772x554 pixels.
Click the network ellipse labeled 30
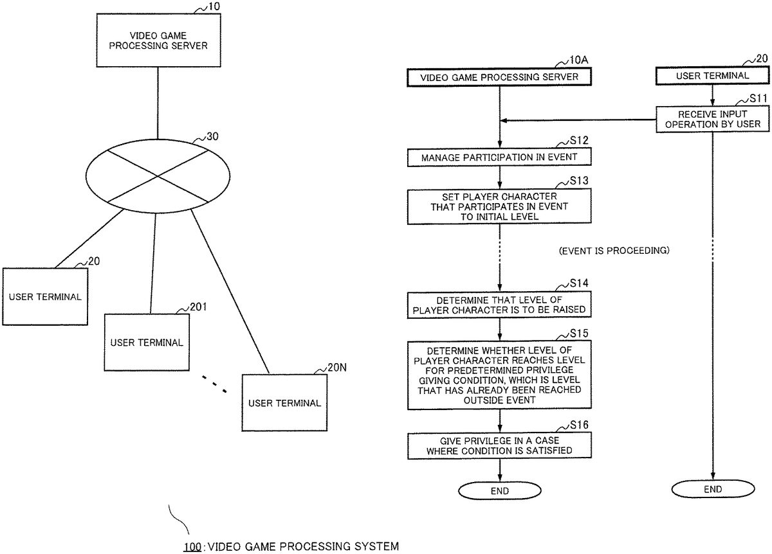click(158, 174)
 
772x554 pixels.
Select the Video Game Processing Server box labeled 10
click(158, 41)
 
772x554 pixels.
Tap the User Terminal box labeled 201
click(147, 341)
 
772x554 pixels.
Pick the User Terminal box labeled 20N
click(284, 402)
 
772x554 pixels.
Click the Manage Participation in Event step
click(499, 157)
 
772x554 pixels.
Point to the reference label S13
click(579, 181)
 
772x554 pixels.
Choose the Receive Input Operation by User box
click(712, 119)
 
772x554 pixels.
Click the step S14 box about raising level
click(499, 305)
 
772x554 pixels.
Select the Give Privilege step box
click(499, 445)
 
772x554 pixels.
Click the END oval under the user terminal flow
click(712, 489)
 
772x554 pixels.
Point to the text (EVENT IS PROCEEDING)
click(614, 251)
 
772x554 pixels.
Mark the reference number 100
click(192, 546)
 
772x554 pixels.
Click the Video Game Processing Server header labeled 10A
click(499, 77)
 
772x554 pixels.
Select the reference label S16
click(579, 425)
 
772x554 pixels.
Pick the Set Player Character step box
click(499, 206)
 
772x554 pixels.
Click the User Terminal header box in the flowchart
click(712, 76)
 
